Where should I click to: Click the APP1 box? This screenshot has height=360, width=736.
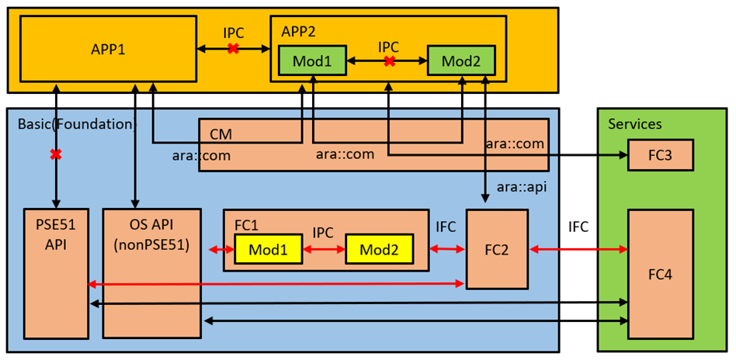(x=106, y=49)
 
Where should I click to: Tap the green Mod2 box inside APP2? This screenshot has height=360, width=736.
(x=460, y=61)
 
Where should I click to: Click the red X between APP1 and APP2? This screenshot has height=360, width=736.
(x=233, y=49)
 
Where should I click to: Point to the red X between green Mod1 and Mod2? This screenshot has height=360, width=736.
(x=390, y=61)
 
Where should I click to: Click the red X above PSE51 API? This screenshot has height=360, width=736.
(x=56, y=154)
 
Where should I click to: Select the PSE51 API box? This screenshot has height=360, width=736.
(x=56, y=272)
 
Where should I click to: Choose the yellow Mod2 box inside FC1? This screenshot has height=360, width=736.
(x=379, y=250)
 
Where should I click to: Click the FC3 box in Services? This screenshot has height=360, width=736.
(x=660, y=155)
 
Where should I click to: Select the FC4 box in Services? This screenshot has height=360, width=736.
(x=660, y=273)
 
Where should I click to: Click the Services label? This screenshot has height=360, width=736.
(x=634, y=124)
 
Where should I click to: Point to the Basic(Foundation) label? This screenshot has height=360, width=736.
(x=76, y=124)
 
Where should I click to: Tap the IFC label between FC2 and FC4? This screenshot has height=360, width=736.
(x=578, y=227)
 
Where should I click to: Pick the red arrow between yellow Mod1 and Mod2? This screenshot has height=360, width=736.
(x=324, y=250)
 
